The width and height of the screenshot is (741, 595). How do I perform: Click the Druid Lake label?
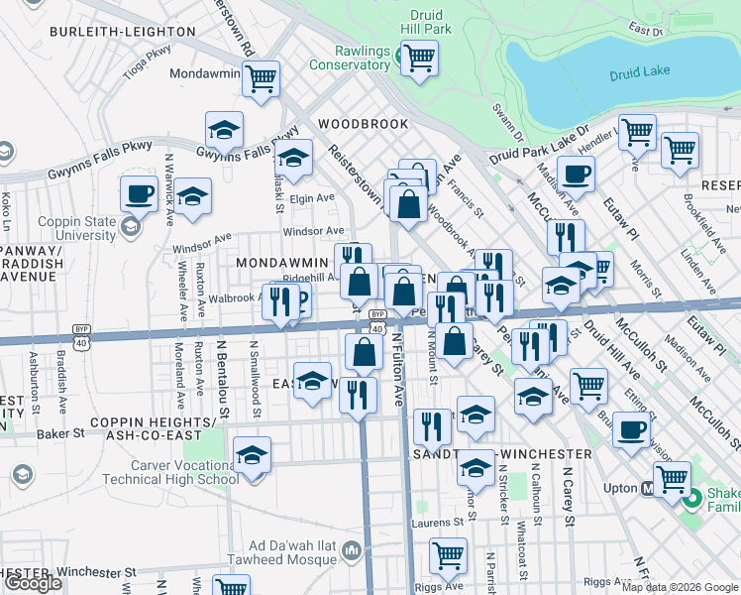642,70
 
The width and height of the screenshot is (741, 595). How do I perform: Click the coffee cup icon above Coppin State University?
139,192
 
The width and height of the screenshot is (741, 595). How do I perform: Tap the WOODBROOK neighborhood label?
363,124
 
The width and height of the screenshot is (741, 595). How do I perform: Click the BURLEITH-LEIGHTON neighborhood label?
123,32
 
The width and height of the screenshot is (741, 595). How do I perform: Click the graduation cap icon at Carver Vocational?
253,456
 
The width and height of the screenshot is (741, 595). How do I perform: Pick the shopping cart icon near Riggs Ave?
448,556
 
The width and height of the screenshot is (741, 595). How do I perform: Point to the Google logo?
33,582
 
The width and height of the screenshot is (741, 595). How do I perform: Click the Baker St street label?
57,434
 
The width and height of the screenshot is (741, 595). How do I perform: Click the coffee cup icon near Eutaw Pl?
575,175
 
